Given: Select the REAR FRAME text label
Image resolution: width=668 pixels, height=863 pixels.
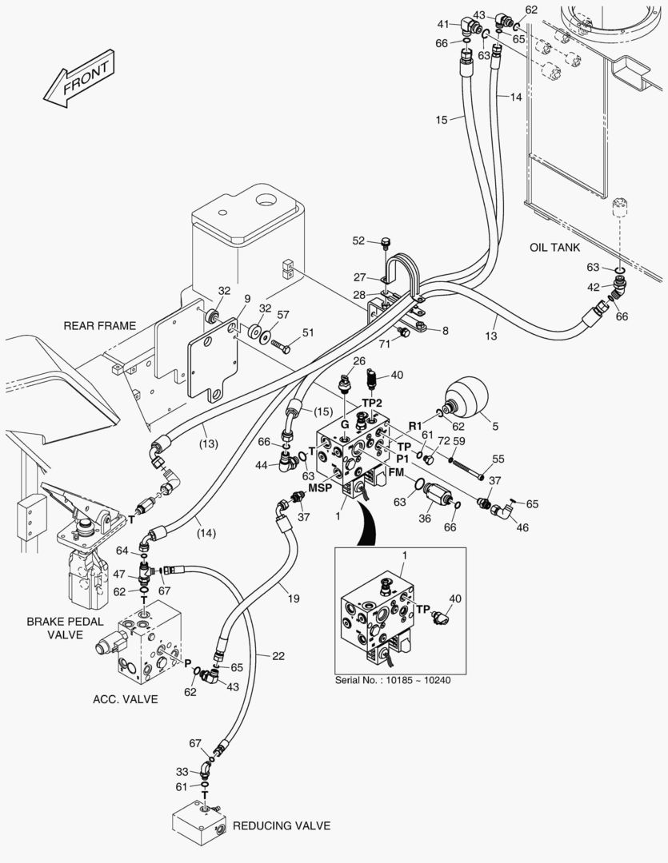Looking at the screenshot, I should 99,325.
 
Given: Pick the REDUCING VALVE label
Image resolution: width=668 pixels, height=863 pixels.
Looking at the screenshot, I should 278,825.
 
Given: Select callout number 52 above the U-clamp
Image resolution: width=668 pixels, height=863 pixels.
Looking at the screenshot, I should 358,241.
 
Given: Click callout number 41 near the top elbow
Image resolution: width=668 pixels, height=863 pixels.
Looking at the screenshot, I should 442,24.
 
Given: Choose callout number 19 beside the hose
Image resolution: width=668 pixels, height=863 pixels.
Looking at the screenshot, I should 294,598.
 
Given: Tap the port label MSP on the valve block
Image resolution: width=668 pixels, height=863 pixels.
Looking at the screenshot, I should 320,487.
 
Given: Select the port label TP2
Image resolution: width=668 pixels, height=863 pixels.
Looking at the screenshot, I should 373,402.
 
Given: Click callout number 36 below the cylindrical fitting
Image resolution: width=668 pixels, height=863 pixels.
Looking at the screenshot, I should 426,518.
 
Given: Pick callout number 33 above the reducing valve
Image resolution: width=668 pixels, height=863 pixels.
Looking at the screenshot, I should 182,772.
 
